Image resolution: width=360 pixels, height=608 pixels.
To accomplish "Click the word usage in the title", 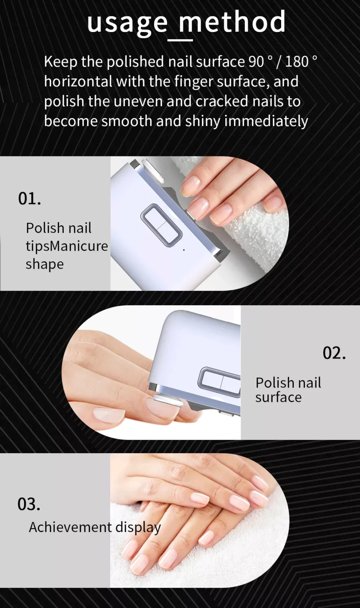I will (127, 23).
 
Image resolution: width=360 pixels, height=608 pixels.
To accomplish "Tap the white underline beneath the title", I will (180, 40).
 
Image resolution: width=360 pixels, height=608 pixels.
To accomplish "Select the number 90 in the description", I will (256, 62).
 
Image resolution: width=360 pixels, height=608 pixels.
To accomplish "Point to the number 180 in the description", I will (297, 62).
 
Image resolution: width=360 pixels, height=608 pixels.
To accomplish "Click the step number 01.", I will (29, 198).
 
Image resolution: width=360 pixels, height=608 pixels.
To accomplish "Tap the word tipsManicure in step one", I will (67, 246).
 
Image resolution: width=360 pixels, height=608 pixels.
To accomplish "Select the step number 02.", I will (334, 353).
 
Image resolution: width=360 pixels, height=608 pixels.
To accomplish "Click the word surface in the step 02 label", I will (278, 397).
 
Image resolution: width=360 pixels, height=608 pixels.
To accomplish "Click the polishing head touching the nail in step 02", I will (168, 400).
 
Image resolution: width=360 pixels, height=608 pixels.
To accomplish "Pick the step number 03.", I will (29, 504).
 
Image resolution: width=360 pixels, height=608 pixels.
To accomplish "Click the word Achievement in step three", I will (70, 528).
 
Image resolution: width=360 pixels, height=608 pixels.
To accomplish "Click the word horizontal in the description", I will (78, 82).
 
